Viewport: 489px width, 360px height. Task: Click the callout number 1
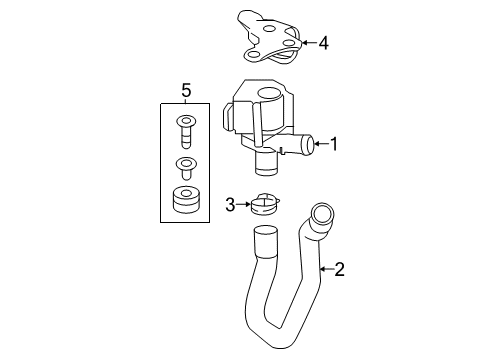[x=334, y=144]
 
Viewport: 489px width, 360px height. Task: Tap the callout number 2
[x=339, y=269]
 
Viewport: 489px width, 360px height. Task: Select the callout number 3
[x=230, y=205]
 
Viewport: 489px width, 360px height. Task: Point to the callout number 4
[x=323, y=43]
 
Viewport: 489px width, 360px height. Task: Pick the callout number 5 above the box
[x=186, y=91]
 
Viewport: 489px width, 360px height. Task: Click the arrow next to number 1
[x=321, y=144]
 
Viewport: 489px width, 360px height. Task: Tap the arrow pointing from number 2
[x=327, y=269]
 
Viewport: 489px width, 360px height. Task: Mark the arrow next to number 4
[x=309, y=43]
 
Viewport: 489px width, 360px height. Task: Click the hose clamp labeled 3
[x=266, y=204]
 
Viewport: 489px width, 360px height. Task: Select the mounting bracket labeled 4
[x=270, y=37]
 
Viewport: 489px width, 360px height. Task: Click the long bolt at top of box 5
[x=186, y=131]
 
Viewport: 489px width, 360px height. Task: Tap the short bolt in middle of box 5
[x=186, y=168]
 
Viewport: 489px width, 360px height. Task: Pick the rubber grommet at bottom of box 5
[x=185, y=200]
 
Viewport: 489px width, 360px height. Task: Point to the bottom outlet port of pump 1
[x=266, y=163]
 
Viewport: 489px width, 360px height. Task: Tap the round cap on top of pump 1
[x=269, y=93]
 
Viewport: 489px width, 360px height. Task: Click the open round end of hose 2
[x=322, y=214]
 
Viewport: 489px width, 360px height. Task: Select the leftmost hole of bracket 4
[x=253, y=55]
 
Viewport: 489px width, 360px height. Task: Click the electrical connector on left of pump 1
[x=229, y=118]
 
